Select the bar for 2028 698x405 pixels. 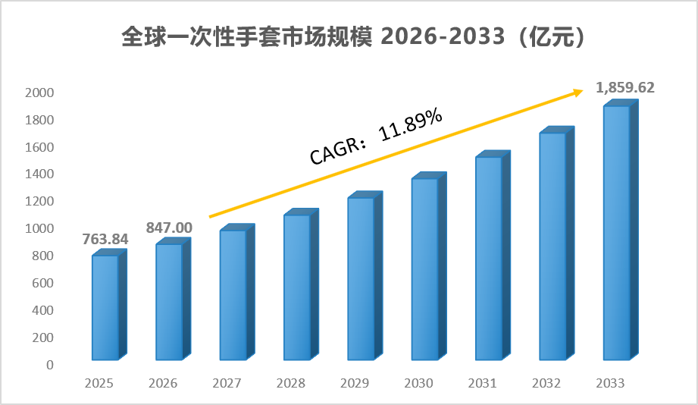click(302, 284)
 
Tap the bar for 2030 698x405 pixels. click(429, 266)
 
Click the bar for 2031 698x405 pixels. click(493, 256)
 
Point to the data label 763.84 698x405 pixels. click(105, 239)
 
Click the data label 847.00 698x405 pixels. click(169, 228)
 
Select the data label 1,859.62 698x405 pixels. click(625, 88)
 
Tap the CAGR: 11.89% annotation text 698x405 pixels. click(376, 137)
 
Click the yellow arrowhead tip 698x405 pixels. click(583, 90)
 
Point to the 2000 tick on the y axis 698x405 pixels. click(39, 93)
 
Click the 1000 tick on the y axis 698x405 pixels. click(39, 228)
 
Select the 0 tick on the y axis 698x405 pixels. click(50, 365)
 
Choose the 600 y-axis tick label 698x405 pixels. click(42, 283)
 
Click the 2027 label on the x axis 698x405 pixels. click(227, 383)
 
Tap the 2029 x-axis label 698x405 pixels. click(355, 383)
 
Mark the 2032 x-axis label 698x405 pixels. click(546, 383)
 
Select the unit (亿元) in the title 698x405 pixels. click(552, 36)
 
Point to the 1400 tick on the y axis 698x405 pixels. click(39, 174)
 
